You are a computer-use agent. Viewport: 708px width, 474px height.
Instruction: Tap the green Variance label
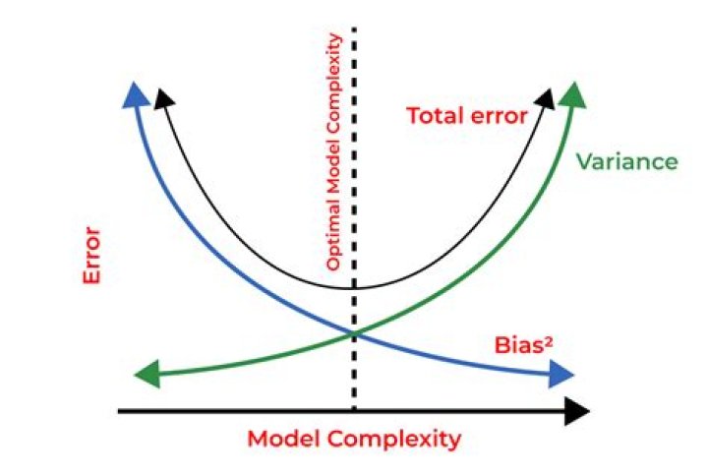[626, 161]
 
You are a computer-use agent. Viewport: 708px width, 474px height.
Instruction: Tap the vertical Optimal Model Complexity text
[333, 152]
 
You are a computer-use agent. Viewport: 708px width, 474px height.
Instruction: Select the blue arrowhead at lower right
[563, 374]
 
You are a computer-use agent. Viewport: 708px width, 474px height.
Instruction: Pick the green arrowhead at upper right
[576, 94]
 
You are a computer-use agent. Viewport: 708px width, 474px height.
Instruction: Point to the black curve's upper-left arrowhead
[166, 99]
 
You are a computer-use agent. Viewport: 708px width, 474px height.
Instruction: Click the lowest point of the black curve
[354, 288]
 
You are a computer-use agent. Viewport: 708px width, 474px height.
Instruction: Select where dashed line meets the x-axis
[354, 409]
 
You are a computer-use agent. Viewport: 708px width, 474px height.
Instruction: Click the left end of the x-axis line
[120, 409]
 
